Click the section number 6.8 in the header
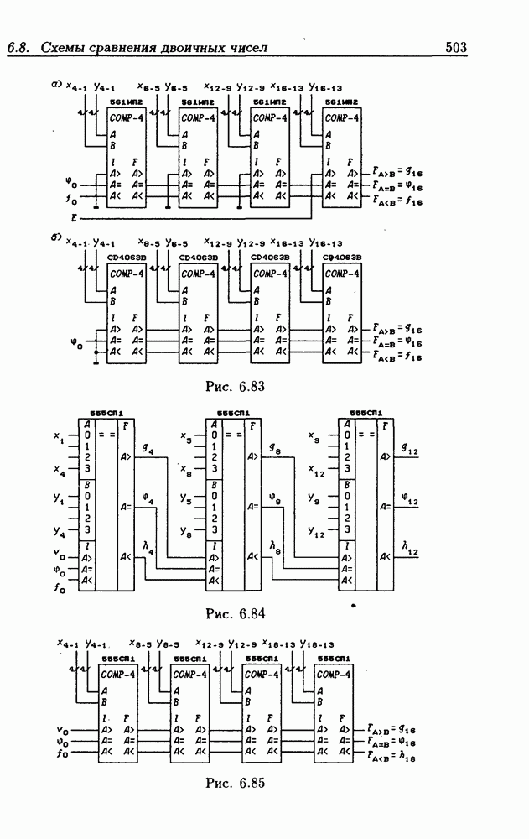(18, 49)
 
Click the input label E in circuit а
(73, 216)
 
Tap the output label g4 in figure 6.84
(148, 451)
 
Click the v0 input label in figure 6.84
(58, 554)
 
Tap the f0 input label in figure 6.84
(58, 588)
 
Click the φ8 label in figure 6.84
(274, 499)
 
